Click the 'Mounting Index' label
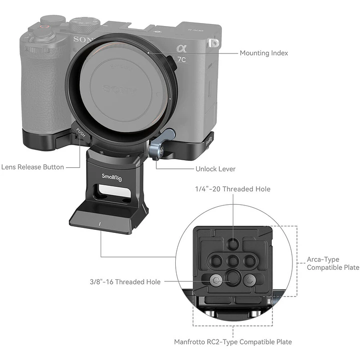pos(263,53)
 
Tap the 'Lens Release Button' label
pos(33,167)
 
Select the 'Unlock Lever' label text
pos(215,169)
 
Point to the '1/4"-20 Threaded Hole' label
pos(233,189)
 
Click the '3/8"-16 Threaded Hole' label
pos(125,282)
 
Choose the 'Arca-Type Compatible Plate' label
pos(333,263)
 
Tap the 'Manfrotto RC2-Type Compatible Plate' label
pos(233,342)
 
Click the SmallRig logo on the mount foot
pos(112,177)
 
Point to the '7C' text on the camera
pos(181,60)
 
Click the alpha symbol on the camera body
pos(181,49)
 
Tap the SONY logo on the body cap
pos(120,90)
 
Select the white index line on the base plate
pos(100,224)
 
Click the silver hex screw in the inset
pos(216,280)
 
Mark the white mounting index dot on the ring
pos(149,53)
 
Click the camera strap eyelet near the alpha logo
pos(214,43)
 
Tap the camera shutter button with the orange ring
pos(44,27)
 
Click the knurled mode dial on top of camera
pos(84,25)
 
